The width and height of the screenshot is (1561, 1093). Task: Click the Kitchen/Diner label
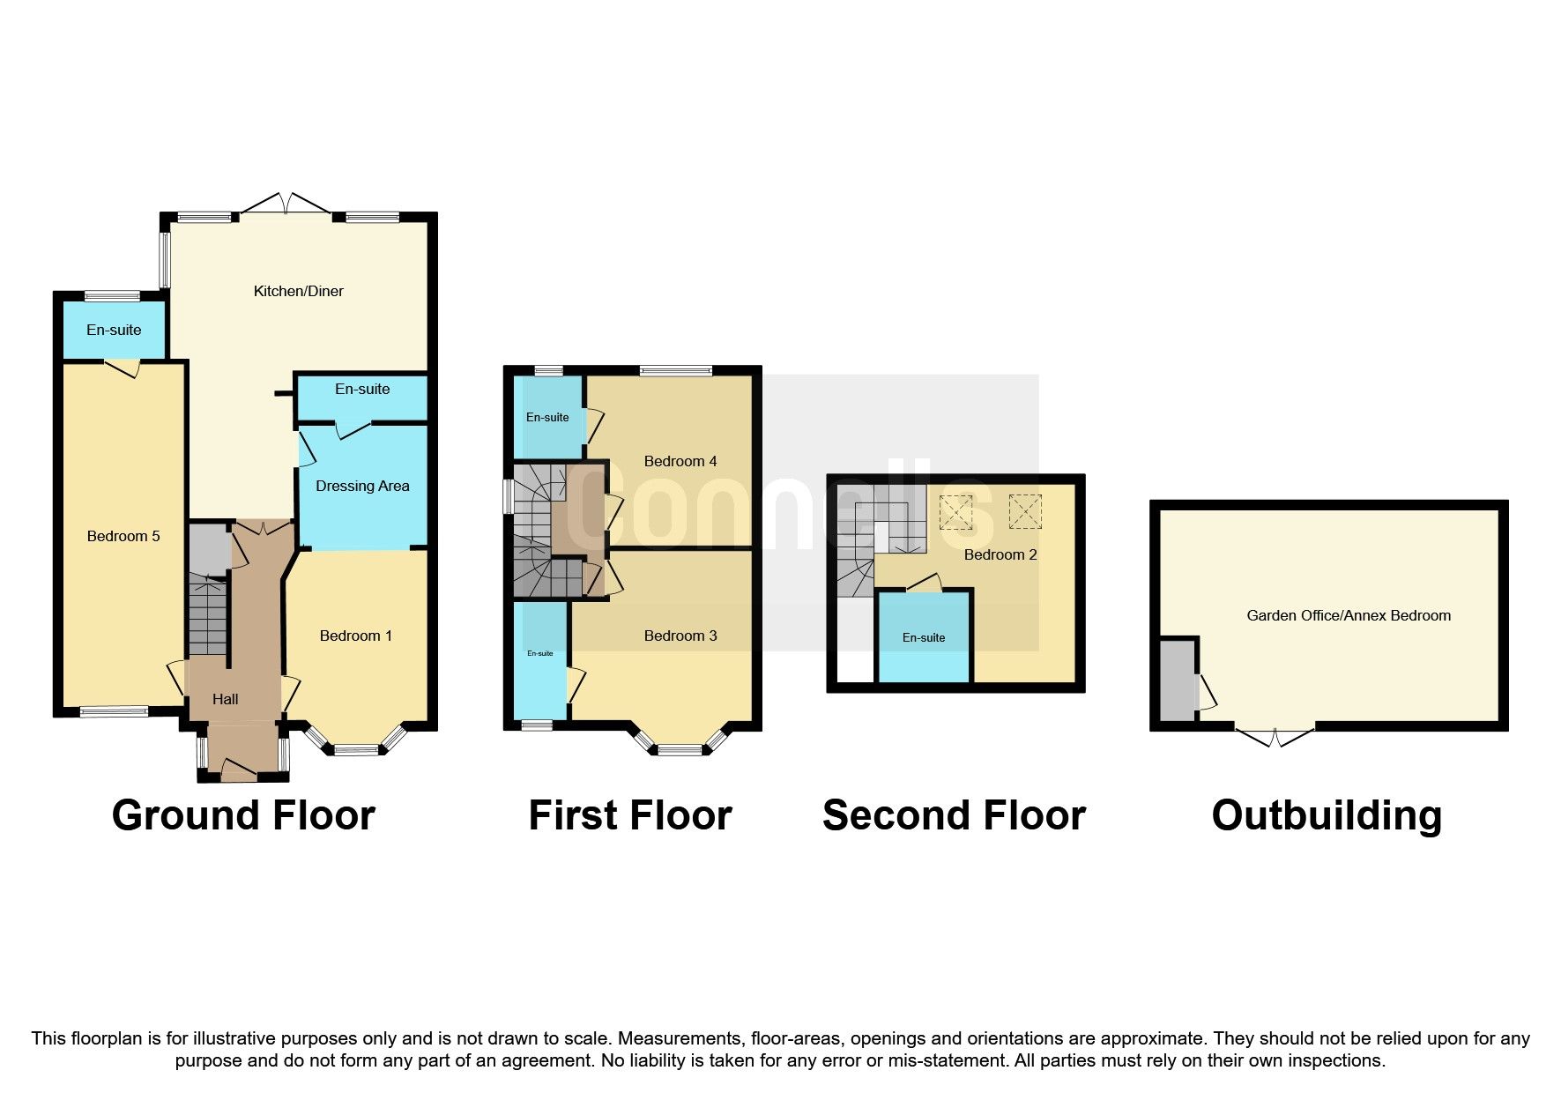point(298,291)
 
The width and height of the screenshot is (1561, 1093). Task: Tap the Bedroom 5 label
point(123,536)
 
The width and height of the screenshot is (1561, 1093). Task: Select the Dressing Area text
point(362,486)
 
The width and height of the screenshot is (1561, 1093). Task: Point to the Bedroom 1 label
point(356,636)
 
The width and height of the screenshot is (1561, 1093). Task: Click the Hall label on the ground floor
point(225,699)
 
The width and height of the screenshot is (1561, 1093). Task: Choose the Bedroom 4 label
point(680,461)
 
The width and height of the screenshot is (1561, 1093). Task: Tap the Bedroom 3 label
point(680,636)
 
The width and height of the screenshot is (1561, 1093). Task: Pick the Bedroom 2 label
point(1000,554)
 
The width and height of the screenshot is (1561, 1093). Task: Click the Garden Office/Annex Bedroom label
point(1349,615)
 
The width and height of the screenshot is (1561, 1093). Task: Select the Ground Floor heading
point(243,815)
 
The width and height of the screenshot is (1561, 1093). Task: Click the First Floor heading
point(630,815)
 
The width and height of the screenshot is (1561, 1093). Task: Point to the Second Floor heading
point(954,815)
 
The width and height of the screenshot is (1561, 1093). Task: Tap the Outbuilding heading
point(1327,815)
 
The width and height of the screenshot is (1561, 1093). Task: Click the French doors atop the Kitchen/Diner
point(285,204)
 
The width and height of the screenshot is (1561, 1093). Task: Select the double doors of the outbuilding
point(1275,737)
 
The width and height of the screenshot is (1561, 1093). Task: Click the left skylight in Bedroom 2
point(955,512)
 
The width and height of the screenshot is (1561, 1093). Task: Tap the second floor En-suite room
point(924,636)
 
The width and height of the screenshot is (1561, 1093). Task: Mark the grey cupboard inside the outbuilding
point(1177,680)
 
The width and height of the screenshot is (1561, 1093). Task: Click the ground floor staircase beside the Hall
point(207,614)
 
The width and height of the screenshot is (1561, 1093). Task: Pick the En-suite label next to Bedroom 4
point(547,417)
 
